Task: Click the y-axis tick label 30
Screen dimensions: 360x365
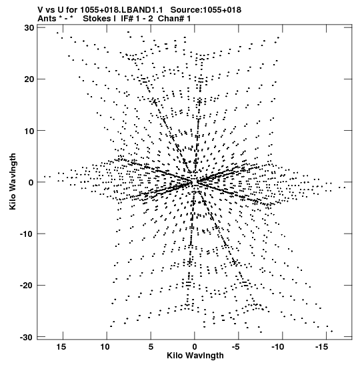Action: click(29, 28)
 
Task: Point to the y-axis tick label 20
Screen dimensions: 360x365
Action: click(29, 79)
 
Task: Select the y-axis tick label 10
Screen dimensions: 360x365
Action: click(29, 131)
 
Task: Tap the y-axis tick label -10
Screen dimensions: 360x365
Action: click(27, 234)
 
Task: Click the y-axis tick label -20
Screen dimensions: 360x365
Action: click(27, 286)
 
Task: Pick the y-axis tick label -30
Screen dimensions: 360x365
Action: click(27, 337)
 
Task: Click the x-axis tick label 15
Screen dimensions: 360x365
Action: click(61, 347)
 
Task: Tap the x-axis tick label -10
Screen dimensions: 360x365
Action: click(278, 347)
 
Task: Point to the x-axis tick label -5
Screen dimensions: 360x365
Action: click(235, 347)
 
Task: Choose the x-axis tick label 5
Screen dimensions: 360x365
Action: click(151, 347)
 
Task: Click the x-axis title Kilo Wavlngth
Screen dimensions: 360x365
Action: click(195, 356)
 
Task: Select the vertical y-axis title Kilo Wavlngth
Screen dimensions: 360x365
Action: click(13, 181)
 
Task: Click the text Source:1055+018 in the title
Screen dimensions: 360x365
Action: click(206, 10)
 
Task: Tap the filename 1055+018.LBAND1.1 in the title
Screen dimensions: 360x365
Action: click(121, 10)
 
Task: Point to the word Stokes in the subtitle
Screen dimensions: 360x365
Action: click(97, 19)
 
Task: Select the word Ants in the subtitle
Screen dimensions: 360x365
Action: click(47, 19)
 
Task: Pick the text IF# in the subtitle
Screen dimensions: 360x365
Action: click(127, 19)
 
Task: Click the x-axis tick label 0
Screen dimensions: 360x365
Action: click(195, 347)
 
